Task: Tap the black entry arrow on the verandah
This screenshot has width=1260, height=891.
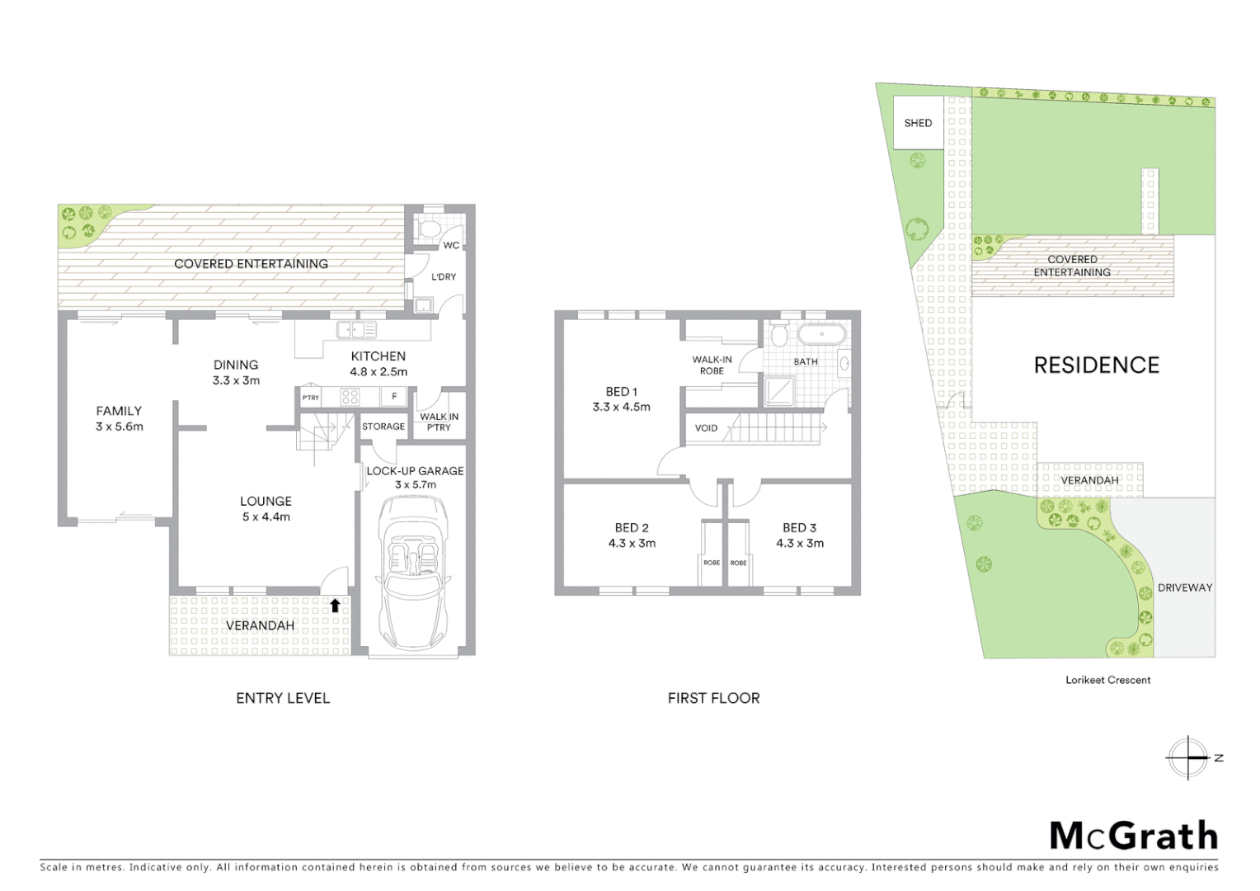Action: pyautogui.click(x=335, y=605)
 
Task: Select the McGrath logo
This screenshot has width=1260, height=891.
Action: pyautogui.click(x=1133, y=835)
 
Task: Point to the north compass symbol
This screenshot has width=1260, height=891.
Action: pyautogui.click(x=1188, y=757)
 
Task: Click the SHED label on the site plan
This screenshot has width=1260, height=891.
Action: pyautogui.click(x=918, y=123)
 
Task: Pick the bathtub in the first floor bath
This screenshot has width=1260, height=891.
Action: pyautogui.click(x=820, y=335)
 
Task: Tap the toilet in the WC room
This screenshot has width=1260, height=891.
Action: pyautogui.click(x=429, y=228)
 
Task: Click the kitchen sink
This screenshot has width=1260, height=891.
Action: pyautogui.click(x=356, y=330)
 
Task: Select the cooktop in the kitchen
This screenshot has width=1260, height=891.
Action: pyautogui.click(x=349, y=398)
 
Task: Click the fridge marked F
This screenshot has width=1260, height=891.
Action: pyautogui.click(x=394, y=397)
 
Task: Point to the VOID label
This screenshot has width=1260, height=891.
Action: pyautogui.click(x=706, y=428)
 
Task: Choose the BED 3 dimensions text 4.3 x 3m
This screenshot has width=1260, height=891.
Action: pyautogui.click(x=799, y=543)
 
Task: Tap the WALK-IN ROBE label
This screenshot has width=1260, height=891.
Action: pyautogui.click(x=712, y=365)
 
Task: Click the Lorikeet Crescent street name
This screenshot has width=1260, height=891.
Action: pyautogui.click(x=1107, y=680)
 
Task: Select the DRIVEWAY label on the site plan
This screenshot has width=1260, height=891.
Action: pyautogui.click(x=1184, y=587)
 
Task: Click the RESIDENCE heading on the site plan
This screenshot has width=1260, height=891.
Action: pyautogui.click(x=1096, y=365)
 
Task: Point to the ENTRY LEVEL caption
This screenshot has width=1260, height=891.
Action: pyautogui.click(x=283, y=698)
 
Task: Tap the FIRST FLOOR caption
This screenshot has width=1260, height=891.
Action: pyautogui.click(x=713, y=698)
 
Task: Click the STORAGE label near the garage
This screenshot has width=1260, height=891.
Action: pyautogui.click(x=383, y=427)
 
